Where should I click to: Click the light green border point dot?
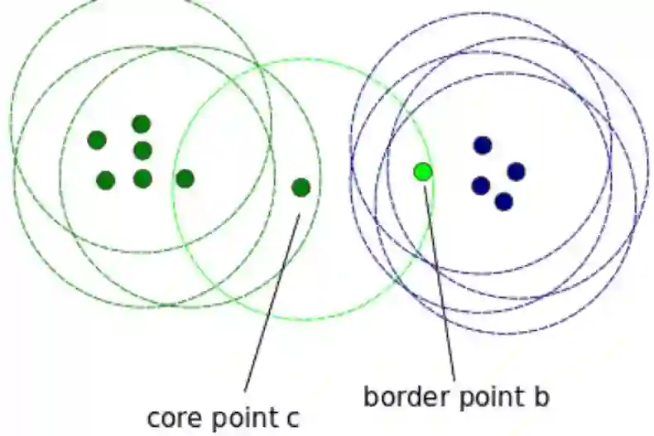423,171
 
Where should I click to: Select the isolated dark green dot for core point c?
301,188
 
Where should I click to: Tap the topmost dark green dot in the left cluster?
142,124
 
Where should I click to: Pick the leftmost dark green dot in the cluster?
97,140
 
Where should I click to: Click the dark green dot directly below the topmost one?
142,151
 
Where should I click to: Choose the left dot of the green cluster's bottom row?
105,180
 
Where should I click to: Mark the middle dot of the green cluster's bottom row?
142,179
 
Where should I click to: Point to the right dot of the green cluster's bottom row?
185,178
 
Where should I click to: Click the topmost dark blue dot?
483,146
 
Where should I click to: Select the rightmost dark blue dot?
516,171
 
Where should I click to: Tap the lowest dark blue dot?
503,201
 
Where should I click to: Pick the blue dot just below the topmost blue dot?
480,185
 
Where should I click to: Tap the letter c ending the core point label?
293,416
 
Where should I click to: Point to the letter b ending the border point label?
541,396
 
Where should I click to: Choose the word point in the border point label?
484,396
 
